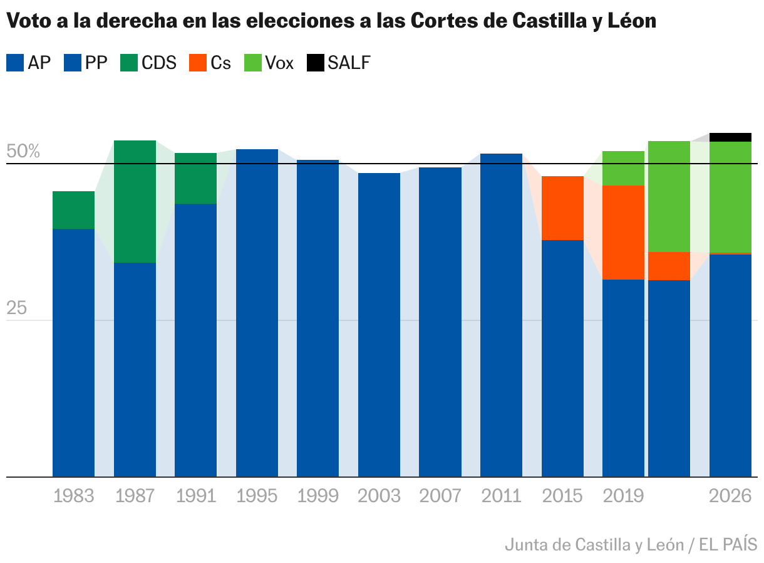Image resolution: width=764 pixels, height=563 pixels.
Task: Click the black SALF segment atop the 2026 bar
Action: (730, 137)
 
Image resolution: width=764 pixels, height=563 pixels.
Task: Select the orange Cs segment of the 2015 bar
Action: (562, 208)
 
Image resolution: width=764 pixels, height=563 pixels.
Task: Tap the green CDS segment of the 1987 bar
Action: (135, 201)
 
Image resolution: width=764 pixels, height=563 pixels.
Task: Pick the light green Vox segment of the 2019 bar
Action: (623, 168)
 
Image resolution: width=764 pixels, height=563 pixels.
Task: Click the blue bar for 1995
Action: (257, 313)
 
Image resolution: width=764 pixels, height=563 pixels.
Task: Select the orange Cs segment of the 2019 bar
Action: (623, 232)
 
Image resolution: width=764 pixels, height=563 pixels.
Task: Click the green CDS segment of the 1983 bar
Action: (73, 210)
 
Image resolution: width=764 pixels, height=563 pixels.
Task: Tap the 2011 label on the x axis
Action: (501, 496)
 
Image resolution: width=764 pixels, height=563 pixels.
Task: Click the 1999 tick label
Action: (317, 496)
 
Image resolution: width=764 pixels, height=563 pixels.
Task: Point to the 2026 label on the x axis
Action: (730, 496)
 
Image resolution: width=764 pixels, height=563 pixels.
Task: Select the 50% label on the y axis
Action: (23, 152)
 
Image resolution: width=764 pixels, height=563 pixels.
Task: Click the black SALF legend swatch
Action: (315, 63)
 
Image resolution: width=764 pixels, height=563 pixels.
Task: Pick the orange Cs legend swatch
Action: (197, 63)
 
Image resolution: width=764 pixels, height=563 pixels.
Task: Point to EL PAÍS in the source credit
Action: (728, 544)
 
